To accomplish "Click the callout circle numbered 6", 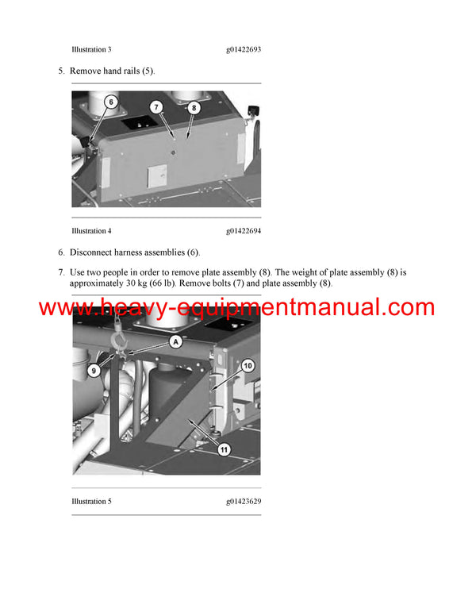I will pos(110,102).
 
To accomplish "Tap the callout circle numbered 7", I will pos(156,107).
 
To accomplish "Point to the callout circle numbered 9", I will pos(94,369).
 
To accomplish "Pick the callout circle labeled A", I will pos(176,342).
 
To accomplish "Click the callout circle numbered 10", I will pos(247,366).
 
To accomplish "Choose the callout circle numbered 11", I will pos(225,449).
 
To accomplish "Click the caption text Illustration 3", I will pos(91,49).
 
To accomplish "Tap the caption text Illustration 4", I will pos(91,231).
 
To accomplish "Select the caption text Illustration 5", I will pos(91,502).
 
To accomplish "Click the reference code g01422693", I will pos(244,49).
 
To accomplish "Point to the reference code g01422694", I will pos(244,231).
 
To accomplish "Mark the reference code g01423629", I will pos(244,502).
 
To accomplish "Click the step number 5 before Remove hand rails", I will pos(61,71).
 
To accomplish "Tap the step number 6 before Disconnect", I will pos(61,252).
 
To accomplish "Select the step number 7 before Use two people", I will pos(61,272).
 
